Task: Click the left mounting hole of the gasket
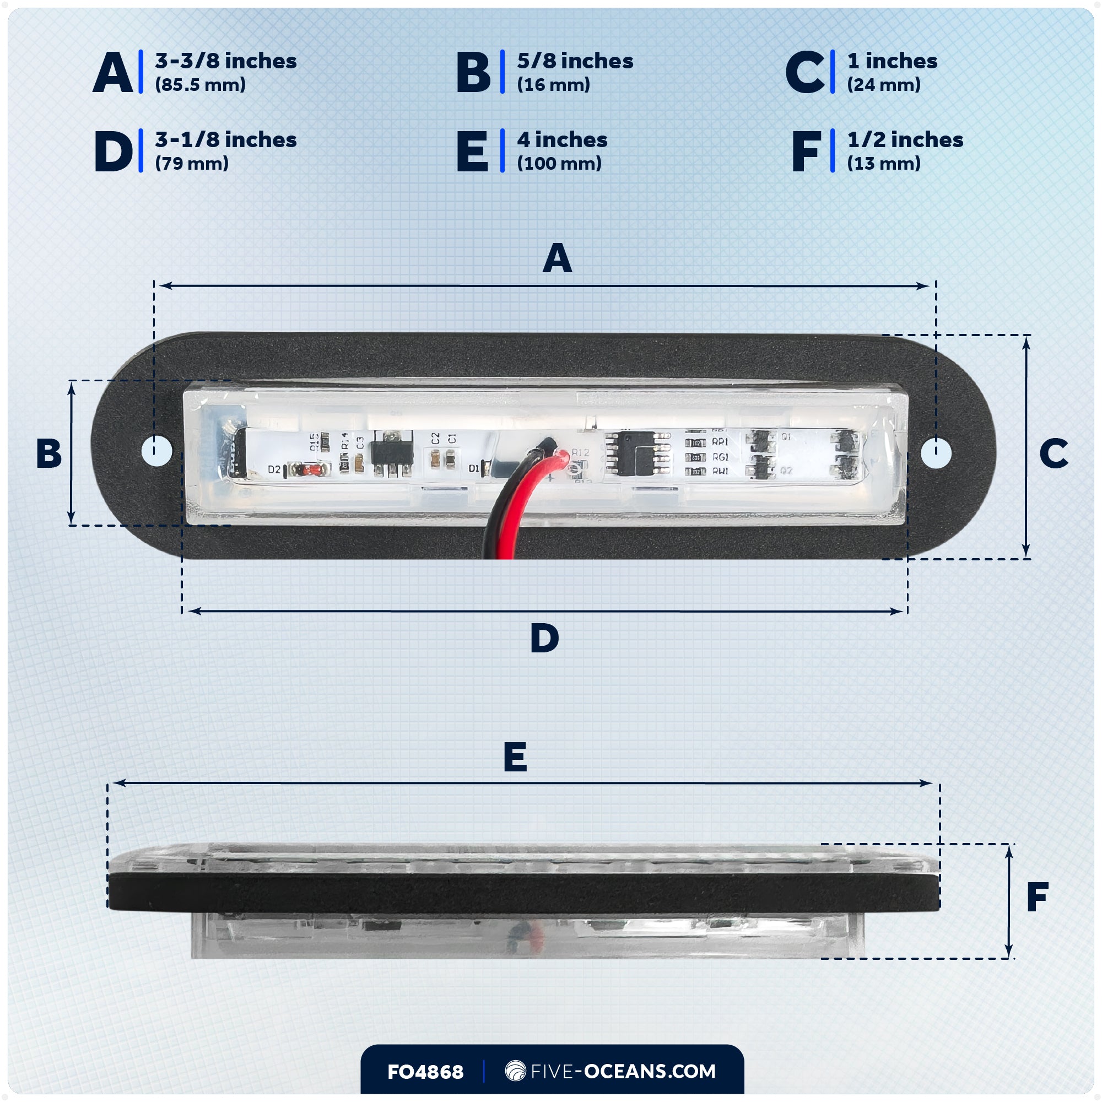[x=157, y=451]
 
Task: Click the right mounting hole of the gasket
[x=936, y=453]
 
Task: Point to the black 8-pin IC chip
[x=636, y=453]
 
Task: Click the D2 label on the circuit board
[x=274, y=469]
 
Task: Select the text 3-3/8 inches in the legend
[x=226, y=61]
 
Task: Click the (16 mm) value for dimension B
[x=553, y=85]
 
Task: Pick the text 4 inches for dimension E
[x=562, y=140]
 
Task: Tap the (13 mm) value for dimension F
[x=884, y=164]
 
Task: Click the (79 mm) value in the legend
[x=192, y=164]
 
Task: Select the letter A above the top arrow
[x=557, y=258]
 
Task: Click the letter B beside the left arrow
[x=48, y=453]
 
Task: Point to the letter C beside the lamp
[x=1053, y=453]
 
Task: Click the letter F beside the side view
[x=1037, y=896]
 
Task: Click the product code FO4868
[x=425, y=1072]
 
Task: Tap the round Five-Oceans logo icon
[x=515, y=1071]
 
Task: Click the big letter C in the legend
[x=804, y=72]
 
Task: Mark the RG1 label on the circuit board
[x=720, y=457]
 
